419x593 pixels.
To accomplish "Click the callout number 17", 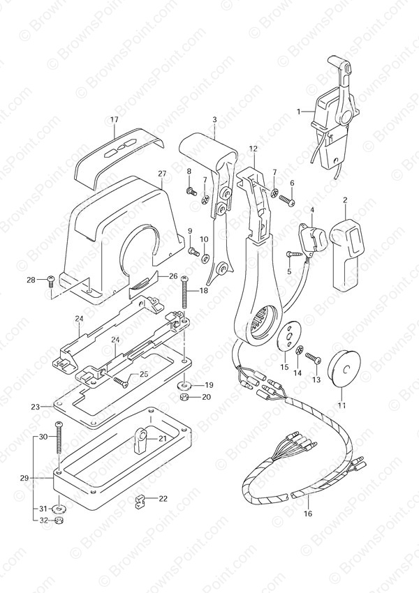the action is (115, 119).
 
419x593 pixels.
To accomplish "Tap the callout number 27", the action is (163, 174).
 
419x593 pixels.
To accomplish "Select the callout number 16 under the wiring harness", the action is (308, 513).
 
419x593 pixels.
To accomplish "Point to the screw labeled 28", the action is (52, 281).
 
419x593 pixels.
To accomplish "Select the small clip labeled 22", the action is (140, 502).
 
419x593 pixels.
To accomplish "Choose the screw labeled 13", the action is (314, 357).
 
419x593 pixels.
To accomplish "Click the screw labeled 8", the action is (192, 192).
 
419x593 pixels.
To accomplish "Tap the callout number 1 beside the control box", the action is (299, 112).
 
